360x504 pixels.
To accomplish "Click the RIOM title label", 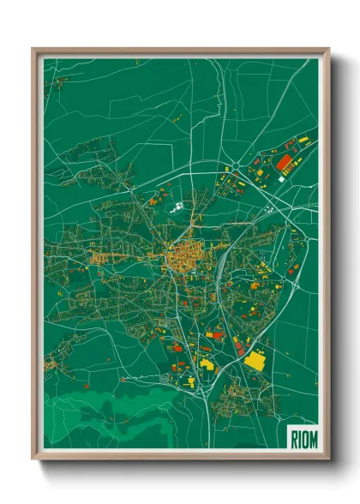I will pos(303,437).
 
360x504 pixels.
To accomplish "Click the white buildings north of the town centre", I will pos(178,207).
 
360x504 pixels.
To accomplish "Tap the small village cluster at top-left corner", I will pos(60,82).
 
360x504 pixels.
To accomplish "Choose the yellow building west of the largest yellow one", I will pos(207,363).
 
